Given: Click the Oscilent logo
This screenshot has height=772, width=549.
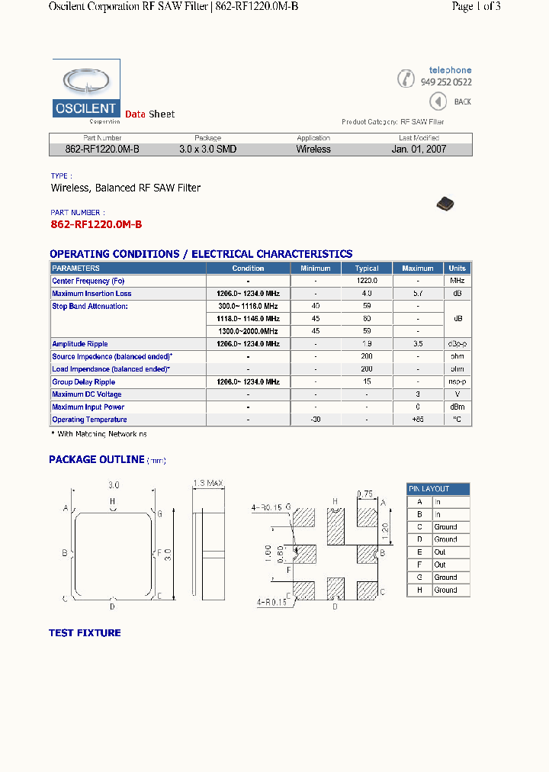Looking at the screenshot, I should pos(86,91).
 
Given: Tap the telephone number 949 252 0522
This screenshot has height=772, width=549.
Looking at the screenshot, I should pos(446,82).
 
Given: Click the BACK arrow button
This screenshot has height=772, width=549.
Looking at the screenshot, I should pos(438,101).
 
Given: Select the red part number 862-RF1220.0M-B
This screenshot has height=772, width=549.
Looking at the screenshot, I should pos(96,224).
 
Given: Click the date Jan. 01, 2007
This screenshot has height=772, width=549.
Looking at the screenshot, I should pos(419,150).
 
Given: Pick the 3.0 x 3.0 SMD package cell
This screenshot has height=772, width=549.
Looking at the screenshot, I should pos(207,150).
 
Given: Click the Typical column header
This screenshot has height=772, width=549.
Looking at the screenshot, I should pos(367,269).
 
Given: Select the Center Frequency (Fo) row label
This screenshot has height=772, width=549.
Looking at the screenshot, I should pos(88,281).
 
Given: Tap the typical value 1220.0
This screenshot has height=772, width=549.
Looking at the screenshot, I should pos(367,281).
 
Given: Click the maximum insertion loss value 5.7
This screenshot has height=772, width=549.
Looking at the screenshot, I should pos(418,294).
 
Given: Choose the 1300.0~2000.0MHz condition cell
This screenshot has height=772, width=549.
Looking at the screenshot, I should pos(248,331).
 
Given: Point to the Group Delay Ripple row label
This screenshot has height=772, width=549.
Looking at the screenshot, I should pos(84,381).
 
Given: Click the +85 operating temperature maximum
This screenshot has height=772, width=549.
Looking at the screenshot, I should pos(418,420).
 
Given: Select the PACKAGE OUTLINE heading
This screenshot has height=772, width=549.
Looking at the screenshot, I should pos(96,459).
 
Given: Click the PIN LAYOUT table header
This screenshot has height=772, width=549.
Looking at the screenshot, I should pos(438,489).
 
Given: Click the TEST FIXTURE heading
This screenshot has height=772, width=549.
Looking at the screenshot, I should pos(85,632).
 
